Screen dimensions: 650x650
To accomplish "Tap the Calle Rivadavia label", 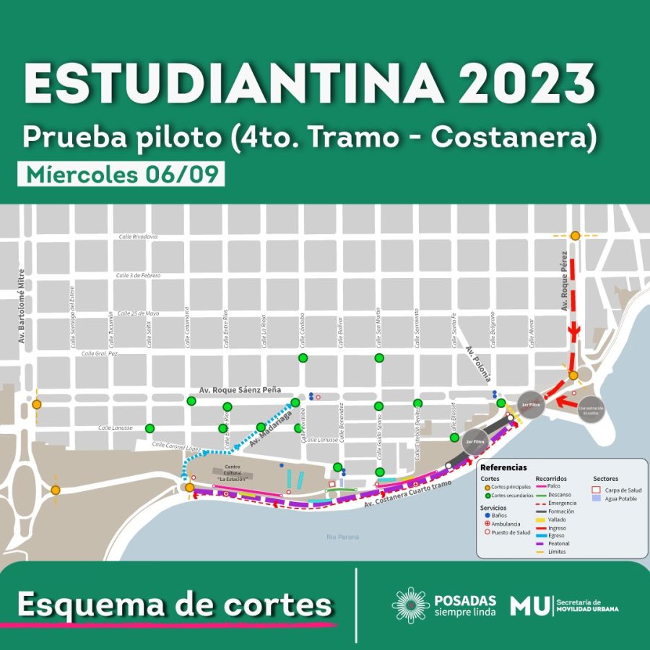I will click(x=138, y=237).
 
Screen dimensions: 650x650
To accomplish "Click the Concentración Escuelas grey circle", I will click(x=590, y=408).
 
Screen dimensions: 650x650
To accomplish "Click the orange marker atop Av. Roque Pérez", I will click(x=575, y=235).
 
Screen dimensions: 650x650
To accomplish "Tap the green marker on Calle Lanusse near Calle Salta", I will click(x=149, y=428).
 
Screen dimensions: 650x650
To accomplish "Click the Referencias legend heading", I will click(x=503, y=467).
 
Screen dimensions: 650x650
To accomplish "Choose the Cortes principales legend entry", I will click(x=510, y=487).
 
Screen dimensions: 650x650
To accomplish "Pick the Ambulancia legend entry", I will click(x=506, y=524).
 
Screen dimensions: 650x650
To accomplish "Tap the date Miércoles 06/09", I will click(x=121, y=175).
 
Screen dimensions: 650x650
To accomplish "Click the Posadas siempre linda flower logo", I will click(x=410, y=604).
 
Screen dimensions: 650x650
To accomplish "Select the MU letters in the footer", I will click(x=529, y=606).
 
